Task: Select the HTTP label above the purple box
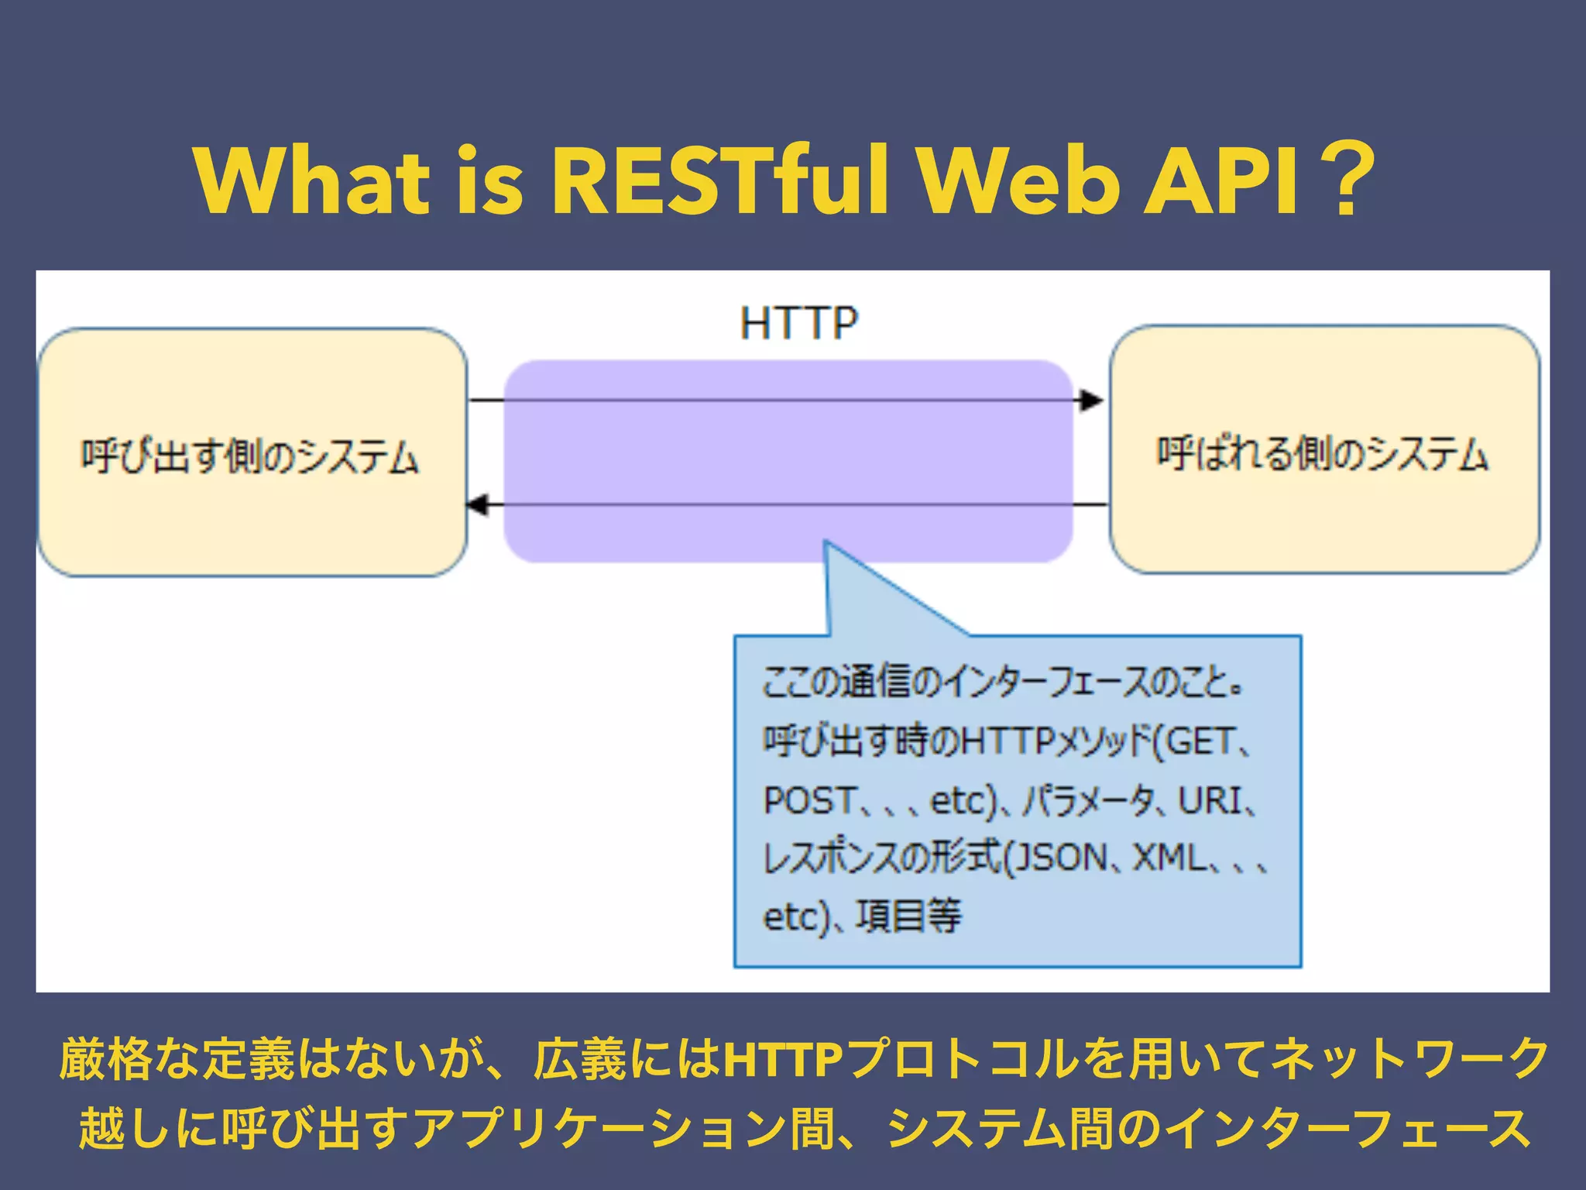tap(798, 324)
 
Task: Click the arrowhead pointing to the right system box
tap(1093, 401)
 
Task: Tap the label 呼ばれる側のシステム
tap(1323, 454)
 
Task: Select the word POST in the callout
tap(809, 800)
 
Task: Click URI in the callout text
tap(1210, 800)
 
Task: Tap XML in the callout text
tap(1170, 858)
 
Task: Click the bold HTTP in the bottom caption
tap(781, 1059)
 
